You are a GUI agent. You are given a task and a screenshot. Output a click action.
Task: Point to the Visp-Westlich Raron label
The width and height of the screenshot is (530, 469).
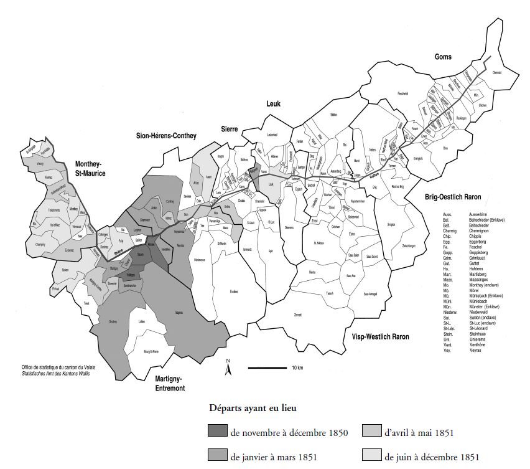click(376, 337)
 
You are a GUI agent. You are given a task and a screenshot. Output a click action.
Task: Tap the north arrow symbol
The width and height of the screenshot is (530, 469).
click(228, 368)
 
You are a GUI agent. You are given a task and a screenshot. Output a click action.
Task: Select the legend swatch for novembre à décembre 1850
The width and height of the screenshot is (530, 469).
click(218, 432)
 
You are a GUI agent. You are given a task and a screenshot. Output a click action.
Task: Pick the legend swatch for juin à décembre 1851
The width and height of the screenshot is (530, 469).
click(372, 457)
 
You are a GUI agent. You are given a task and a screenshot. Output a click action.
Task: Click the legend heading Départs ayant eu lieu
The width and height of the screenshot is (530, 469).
click(252, 409)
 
